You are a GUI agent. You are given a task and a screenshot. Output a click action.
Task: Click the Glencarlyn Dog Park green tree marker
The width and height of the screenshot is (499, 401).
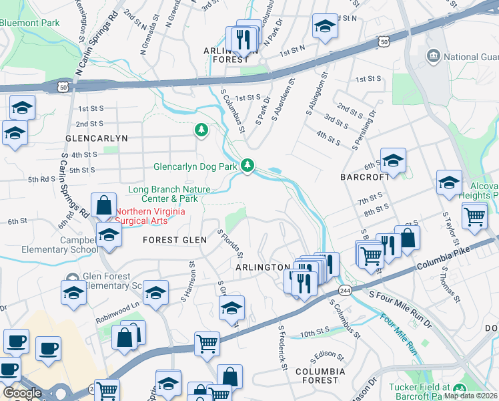(x=247, y=164)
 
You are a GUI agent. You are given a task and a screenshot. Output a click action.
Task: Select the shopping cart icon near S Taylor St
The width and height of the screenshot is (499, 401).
(x=474, y=217)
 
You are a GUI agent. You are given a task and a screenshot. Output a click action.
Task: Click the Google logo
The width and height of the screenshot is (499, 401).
(x=21, y=393)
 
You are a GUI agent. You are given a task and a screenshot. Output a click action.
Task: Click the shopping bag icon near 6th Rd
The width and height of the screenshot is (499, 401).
(x=103, y=205)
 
